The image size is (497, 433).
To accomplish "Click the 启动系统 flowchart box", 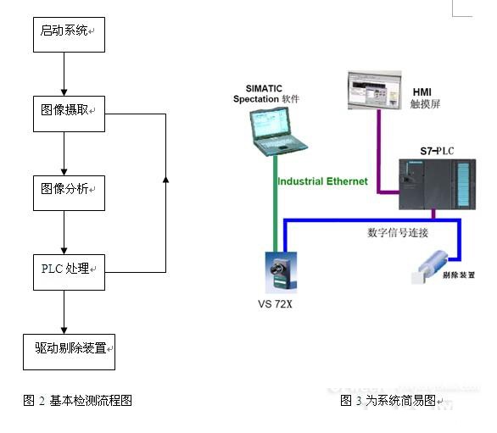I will [69, 31].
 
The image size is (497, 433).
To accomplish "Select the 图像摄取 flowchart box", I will [69, 113].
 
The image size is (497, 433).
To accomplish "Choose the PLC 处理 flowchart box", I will [69, 271].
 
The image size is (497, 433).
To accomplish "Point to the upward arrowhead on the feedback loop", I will [165, 180].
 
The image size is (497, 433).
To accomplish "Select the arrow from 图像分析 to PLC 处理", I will [64, 232].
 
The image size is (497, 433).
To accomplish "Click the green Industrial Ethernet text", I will [322, 181].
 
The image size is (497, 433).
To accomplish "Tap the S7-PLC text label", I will [438, 151].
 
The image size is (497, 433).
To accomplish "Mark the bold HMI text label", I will [422, 92].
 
